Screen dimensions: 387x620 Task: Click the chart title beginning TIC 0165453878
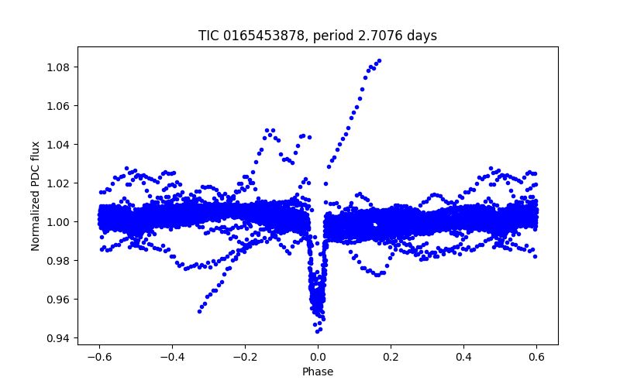click(318, 36)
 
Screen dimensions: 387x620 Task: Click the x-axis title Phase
click(318, 372)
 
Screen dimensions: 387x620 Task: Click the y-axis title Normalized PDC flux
click(36, 195)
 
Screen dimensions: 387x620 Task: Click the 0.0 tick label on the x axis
click(318, 357)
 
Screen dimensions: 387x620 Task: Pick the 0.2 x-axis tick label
click(391, 357)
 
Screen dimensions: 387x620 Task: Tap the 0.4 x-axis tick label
click(463, 357)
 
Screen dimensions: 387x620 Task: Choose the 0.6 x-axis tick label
click(536, 357)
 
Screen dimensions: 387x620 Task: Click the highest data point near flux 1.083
click(378, 60)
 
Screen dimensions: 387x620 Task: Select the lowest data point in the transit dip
click(317, 331)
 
